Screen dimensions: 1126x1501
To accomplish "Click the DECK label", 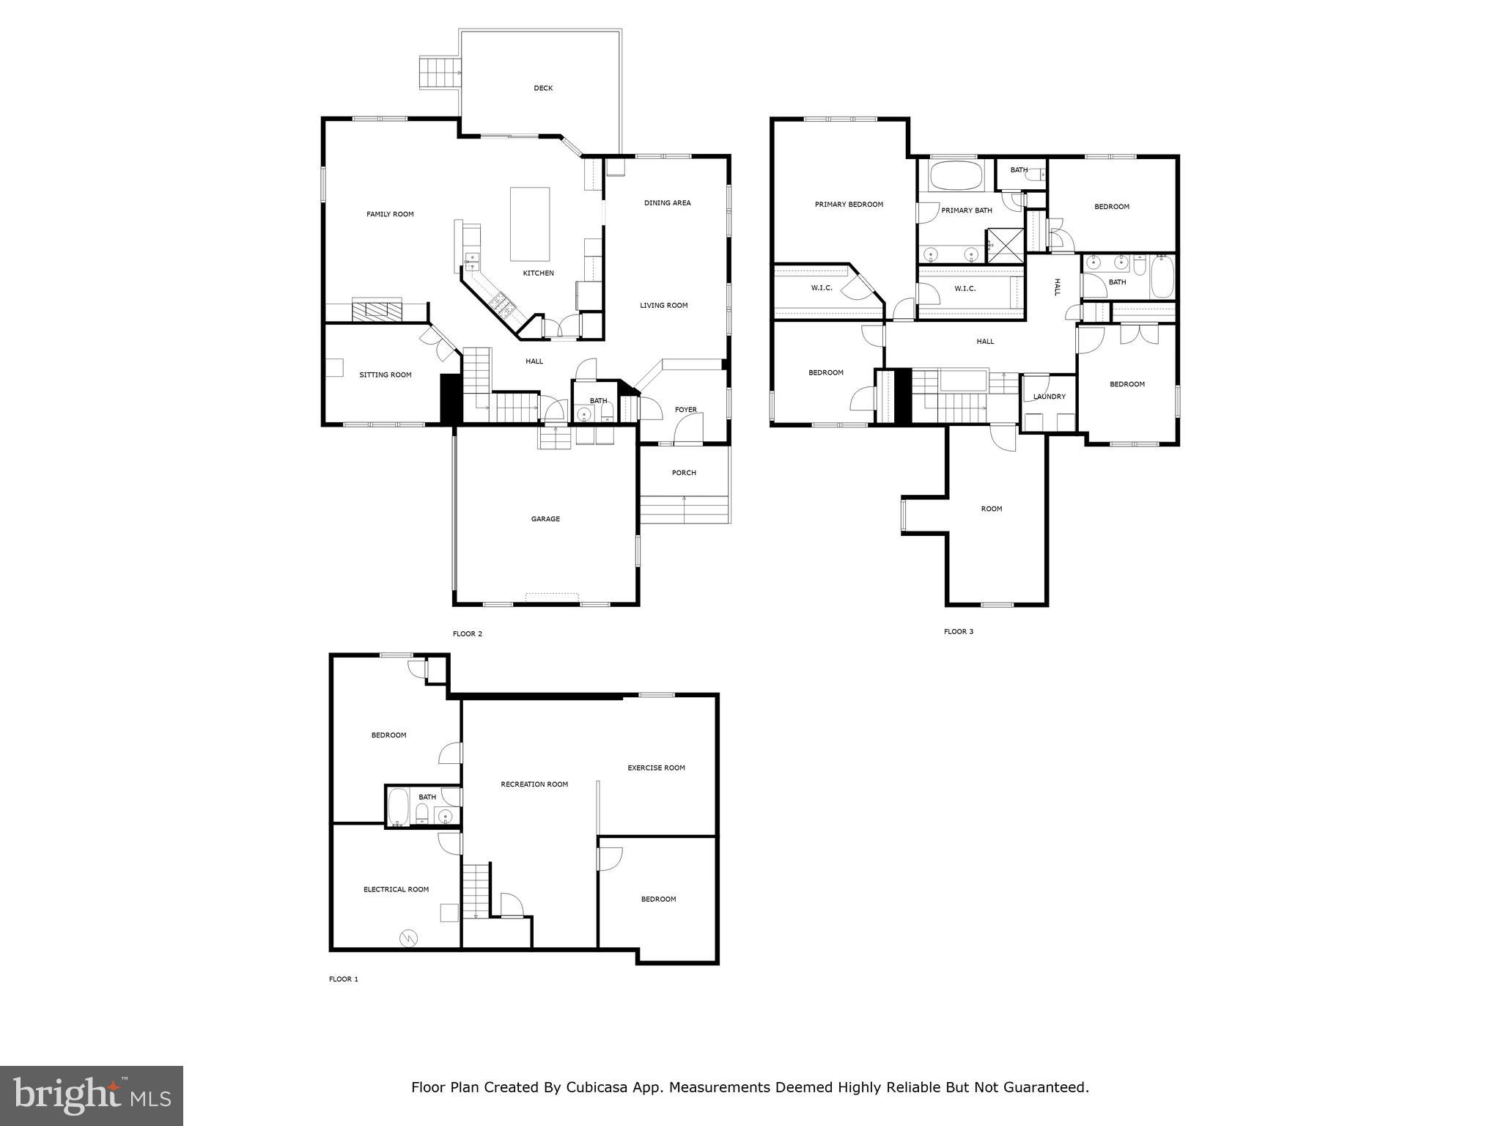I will (x=543, y=88).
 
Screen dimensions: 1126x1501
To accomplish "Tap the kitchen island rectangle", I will (x=530, y=224).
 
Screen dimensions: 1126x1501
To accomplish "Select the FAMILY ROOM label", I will (x=390, y=214).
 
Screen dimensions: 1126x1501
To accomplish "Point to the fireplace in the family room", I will (x=377, y=310).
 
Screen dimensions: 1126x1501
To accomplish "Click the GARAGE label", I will (x=545, y=519).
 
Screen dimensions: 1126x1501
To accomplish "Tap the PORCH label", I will (x=684, y=473).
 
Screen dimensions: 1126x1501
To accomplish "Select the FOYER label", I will (x=686, y=410).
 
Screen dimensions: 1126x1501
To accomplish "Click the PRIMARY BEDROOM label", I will (x=849, y=205).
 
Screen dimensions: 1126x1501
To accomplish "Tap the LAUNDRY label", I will (x=1049, y=397).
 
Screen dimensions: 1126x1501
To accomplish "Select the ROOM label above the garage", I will (x=991, y=509).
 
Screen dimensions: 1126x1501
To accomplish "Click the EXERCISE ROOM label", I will (x=656, y=768).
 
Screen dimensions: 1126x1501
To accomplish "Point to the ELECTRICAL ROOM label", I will (x=396, y=889).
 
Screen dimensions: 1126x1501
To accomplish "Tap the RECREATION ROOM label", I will (x=534, y=784).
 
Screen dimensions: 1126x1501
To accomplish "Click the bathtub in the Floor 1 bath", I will (x=398, y=806).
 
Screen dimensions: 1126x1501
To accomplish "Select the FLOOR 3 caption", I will (x=958, y=631).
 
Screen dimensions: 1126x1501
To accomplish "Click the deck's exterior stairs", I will (x=438, y=72).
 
